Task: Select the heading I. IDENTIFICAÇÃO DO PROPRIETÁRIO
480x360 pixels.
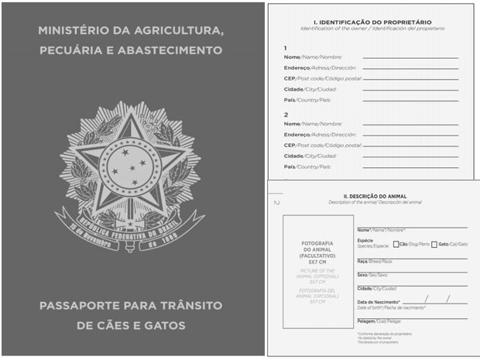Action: coord(372,22)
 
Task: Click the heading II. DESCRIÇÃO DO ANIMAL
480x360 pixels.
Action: coord(375,197)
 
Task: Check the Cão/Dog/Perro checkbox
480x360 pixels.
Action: coord(396,244)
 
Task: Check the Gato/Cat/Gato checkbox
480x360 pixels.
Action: coord(434,244)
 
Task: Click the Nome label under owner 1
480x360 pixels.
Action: coord(292,57)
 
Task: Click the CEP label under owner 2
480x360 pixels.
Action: coord(290,145)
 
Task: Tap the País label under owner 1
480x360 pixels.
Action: coord(290,100)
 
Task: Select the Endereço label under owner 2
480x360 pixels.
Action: coord(297,134)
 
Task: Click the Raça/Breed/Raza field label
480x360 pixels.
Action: coord(362,262)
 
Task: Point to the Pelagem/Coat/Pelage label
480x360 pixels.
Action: coord(366,321)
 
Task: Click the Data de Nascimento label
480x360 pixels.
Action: coord(378,301)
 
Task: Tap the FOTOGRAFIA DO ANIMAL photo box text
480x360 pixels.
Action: coord(317,252)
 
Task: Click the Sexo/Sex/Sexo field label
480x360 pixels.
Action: coord(362,275)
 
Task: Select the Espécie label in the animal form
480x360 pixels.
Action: coord(365,240)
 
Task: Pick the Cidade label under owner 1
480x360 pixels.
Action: coord(293,89)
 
